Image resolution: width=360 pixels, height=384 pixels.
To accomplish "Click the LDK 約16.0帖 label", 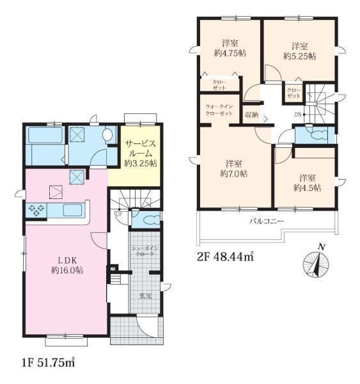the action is (67, 266).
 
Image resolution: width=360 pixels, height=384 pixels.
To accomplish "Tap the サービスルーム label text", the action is (141, 148).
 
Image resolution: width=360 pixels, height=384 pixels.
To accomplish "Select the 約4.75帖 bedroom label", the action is (230, 48).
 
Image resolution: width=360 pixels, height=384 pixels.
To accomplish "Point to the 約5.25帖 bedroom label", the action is (300, 51).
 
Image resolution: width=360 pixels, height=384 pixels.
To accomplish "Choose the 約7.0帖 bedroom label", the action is (234, 168).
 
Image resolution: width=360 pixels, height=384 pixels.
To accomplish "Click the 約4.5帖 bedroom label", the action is (308, 182).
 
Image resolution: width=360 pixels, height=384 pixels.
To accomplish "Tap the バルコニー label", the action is (267, 221).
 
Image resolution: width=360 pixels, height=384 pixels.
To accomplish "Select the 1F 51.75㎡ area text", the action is (48, 363).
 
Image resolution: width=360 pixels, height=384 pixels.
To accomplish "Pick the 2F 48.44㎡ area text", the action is (225, 257).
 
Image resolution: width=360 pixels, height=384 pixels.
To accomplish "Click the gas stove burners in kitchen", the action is (36, 211).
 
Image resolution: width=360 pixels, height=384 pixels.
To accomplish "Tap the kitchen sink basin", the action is (73, 211).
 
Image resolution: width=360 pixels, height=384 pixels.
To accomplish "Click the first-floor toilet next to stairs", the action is (148, 220).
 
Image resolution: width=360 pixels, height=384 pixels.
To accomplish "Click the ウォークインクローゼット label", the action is (219, 110).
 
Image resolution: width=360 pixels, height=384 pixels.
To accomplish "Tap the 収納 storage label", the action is (252, 115).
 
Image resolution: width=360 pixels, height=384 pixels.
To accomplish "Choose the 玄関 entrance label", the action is (146, 296).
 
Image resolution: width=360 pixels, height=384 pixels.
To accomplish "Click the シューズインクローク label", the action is (145, 251).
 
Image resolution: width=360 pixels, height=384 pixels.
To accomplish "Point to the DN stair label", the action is (298, 115).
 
